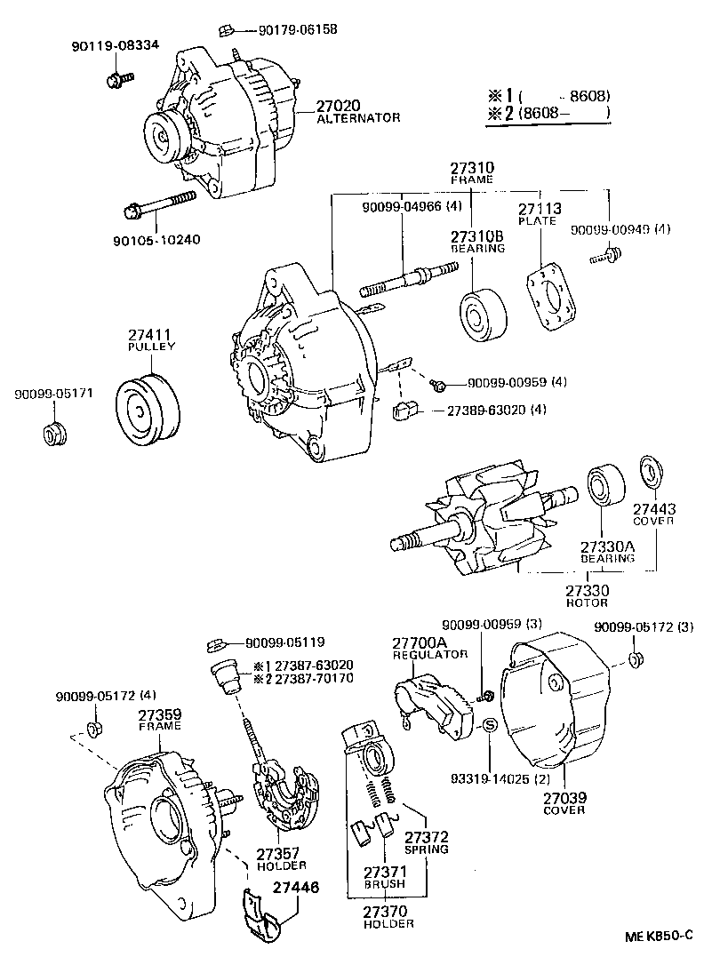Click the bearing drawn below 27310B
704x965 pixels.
click(483, 313)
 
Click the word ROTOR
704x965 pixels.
click(588, 603)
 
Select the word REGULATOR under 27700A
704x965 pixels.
click(430, 654)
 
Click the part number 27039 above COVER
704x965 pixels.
click(564, 798)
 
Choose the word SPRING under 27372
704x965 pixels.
click(427, 849)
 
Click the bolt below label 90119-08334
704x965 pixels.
click(114, 80)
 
